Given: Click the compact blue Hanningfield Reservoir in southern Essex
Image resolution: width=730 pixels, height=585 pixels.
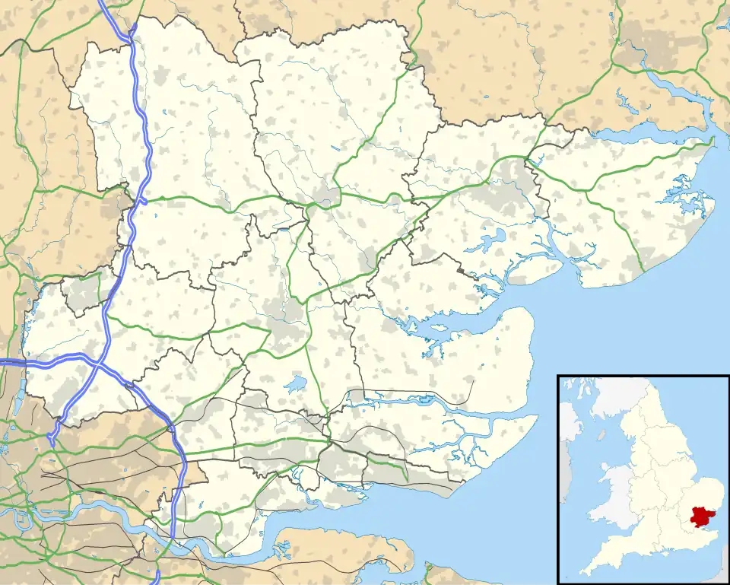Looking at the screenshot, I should pos(295,383).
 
